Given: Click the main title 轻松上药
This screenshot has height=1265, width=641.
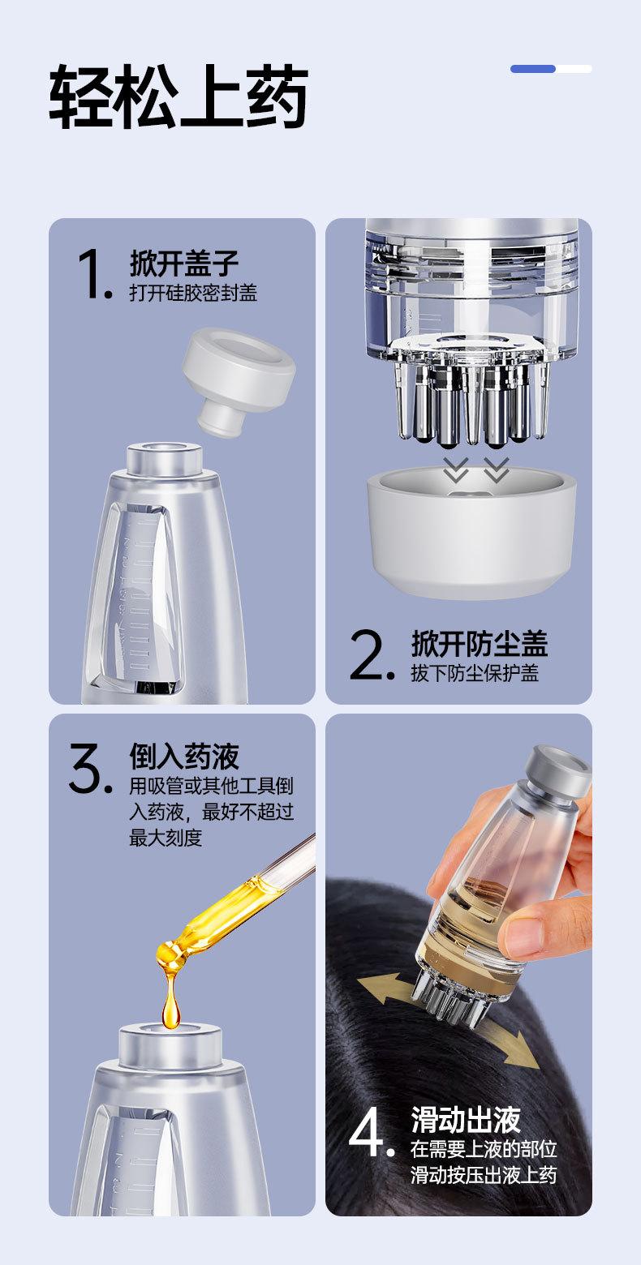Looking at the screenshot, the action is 179,97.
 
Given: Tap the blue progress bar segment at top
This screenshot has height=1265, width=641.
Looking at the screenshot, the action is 533,69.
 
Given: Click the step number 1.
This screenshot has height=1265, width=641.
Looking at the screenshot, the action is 94,275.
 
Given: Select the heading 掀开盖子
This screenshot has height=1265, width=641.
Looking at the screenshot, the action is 184,263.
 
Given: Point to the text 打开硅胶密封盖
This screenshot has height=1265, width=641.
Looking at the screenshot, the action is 193,293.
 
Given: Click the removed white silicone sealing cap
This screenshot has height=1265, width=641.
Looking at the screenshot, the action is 238,379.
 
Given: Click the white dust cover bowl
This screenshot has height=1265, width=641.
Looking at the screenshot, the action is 471,531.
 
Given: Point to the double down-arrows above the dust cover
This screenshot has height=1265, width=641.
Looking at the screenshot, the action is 476,469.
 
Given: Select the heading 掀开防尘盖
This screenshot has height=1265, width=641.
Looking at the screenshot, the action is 480,643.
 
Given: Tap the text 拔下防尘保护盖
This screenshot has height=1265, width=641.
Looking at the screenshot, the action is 474,673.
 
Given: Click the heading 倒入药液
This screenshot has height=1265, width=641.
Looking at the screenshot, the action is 184,756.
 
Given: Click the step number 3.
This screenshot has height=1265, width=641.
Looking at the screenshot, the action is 90,768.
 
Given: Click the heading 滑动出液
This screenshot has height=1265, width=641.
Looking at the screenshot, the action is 466,1120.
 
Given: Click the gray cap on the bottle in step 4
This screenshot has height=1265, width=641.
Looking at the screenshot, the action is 557,771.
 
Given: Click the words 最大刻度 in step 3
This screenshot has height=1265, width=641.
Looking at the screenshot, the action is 166,838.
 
